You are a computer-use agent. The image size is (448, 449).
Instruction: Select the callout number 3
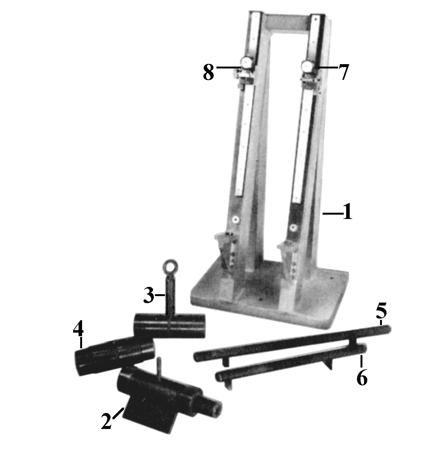tap(149, 296)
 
